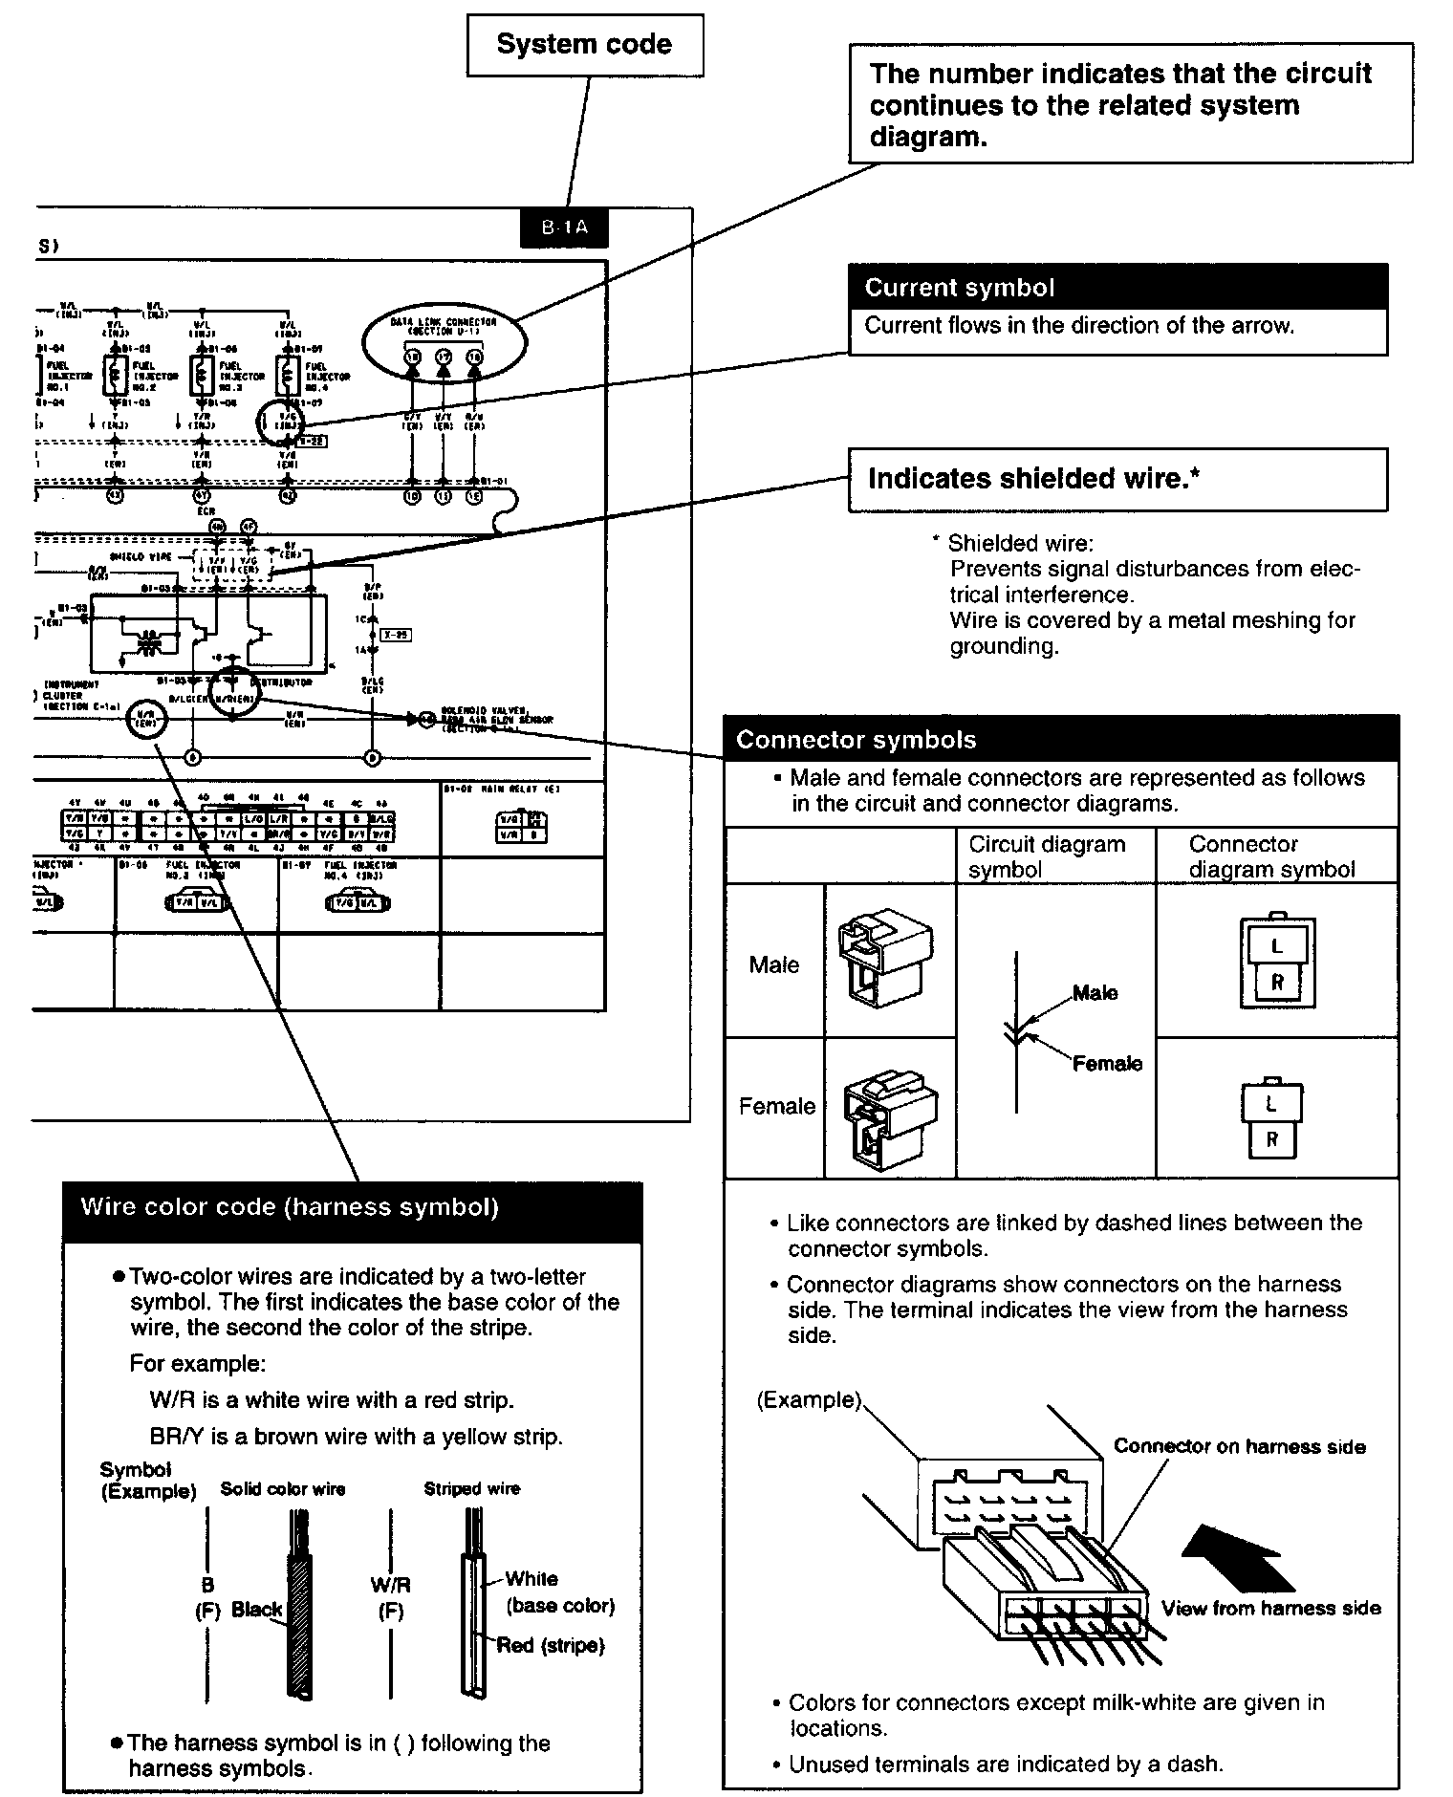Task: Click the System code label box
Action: (x=584, y=45)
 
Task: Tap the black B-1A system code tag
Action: (x=564, y=227)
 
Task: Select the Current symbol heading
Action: (x=960, y=288)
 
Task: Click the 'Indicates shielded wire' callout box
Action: (x=1117, y=480)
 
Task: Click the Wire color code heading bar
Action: (x=352, y=1208)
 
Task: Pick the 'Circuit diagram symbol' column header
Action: (x=1047, y=856)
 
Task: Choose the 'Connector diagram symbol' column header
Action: (x=1271, y=856)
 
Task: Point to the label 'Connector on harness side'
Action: (x=1239, y=1446)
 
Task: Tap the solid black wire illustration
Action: (x=299, y=1615)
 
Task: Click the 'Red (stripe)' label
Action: (x=551, y=1645)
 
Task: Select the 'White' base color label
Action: (x=531, y=1579)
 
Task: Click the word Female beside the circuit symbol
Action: (x=1107, y=1063)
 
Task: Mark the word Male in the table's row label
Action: (x=773, y=964)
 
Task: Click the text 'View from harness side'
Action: (x=1270, y=1608)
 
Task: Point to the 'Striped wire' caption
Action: (x=471, y=1488)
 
